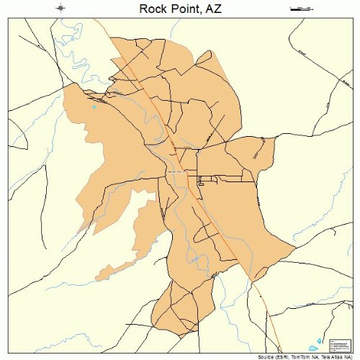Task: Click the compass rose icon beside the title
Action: tap(61, 8)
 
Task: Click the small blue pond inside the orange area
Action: tap(94, 107)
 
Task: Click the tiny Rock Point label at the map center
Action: tap(176, 172)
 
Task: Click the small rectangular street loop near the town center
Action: tap(202, 181)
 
